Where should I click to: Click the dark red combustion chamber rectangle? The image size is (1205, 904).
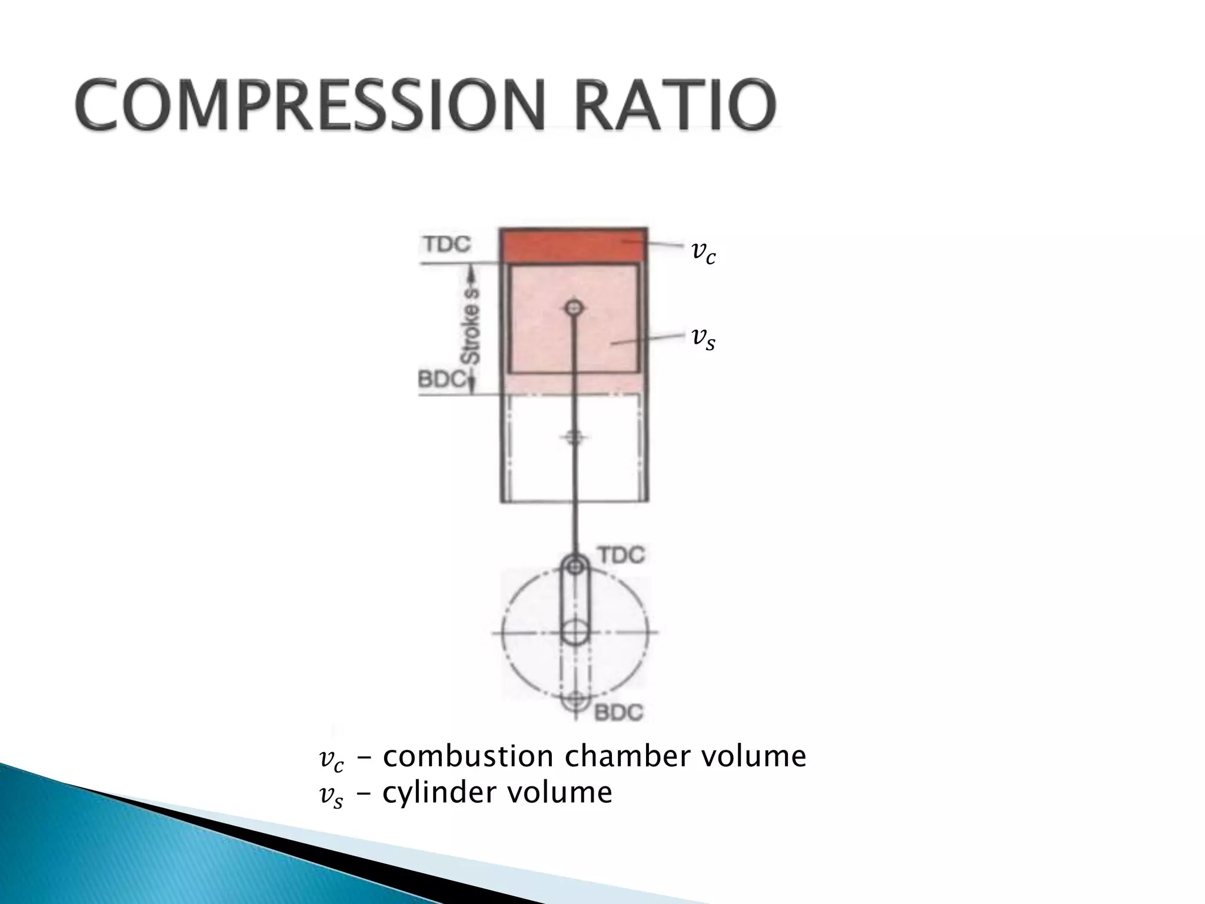coord(574,245)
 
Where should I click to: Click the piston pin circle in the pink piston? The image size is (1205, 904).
coord(574,307)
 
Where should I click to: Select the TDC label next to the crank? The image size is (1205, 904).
coord(621,554)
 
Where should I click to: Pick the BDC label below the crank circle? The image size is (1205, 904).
coord(618,713)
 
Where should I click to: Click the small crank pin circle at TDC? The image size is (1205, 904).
coord(575,566)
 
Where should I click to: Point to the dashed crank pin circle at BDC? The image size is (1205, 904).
coord(575,700)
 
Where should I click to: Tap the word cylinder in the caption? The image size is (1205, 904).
coord(439,793)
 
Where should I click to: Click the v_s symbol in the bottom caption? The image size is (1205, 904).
coord(330,796)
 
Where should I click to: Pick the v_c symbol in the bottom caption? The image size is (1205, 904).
coord(330,760)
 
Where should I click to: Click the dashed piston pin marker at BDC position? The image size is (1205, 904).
coord(575,437)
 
